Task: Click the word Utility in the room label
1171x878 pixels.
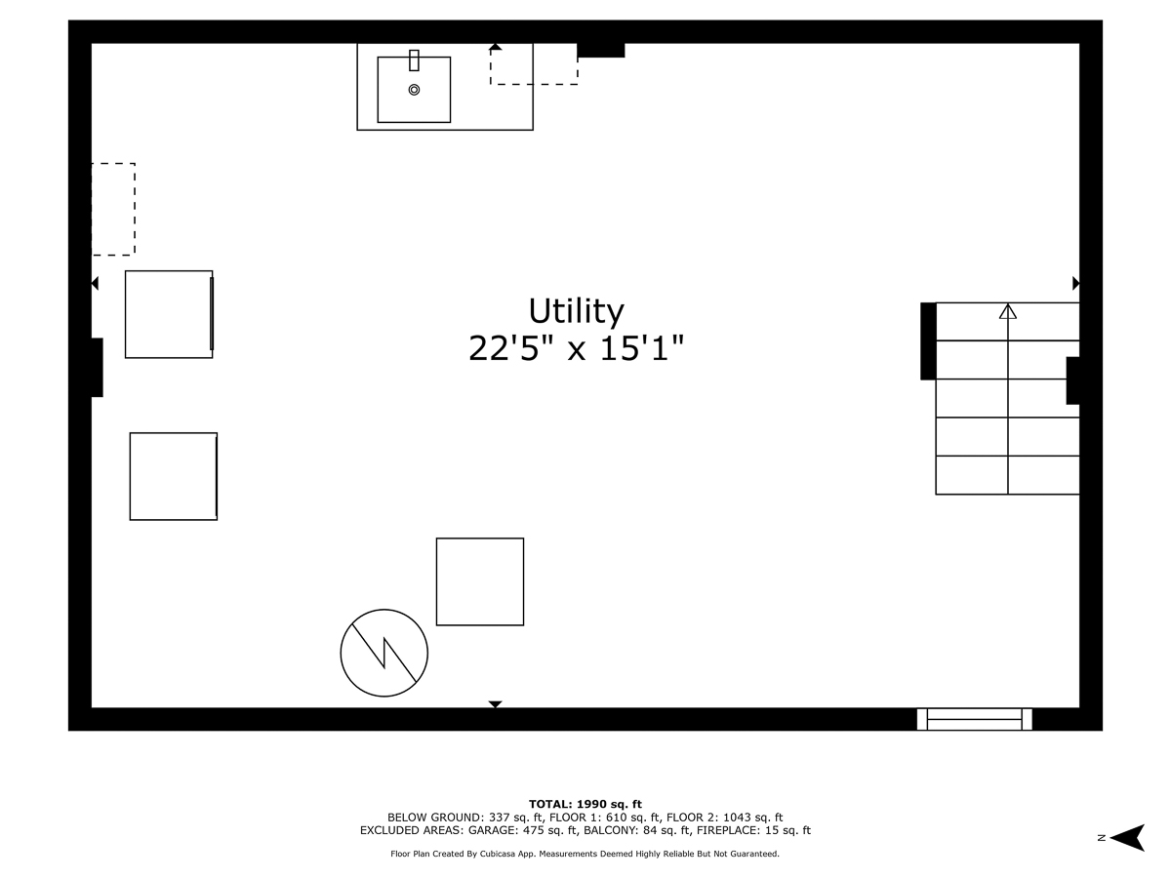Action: click(x=576, y=311)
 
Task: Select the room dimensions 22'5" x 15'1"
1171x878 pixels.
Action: click(x=576, y=348)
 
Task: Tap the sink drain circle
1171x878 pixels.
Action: click(x=414, y=90)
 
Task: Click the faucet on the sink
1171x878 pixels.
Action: click(x=414, y=60)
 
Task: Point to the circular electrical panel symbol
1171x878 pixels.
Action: click(x=384, y=653)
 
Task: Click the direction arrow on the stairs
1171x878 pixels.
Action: click(x=1008, y=312)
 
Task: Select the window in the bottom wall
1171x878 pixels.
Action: click(x=975, y=719)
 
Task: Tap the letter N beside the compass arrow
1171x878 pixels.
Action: click(x=1101, y=837)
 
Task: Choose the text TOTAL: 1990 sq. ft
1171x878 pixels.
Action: click(x=585, y=803)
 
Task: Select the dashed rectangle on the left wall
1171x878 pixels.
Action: click(x=113, y=210)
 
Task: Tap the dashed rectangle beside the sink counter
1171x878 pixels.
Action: click(x=534, y=64)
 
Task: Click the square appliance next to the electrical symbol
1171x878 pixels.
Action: click(x=480, y=581)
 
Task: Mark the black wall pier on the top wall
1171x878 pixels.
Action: click(x=600, y=50)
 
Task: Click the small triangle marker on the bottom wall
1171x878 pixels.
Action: click(x=495, y=703)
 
